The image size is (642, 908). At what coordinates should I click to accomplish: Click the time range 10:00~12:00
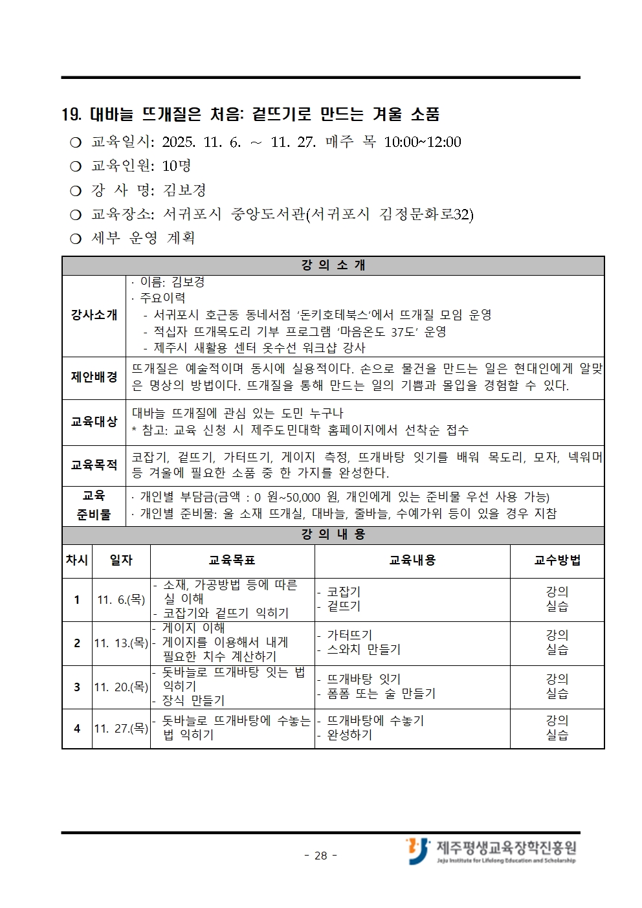[423, 142]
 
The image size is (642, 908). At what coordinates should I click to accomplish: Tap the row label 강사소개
[94, 315]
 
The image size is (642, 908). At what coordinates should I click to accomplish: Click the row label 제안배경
[94, 377]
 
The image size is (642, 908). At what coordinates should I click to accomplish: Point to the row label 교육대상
[94, 421]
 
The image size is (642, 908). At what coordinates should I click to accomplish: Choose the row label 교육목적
[94, 465]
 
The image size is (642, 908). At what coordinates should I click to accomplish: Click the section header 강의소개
[333, 265]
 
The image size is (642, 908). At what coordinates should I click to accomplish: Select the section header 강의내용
[333, 535]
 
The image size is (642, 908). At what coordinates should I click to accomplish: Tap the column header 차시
[77, 560]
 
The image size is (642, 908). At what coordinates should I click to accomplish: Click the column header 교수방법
[557, 560]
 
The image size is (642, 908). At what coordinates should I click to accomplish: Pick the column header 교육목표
[232, 560]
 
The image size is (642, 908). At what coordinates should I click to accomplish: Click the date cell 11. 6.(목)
[121, 600]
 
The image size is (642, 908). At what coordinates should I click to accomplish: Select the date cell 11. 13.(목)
[121, 643]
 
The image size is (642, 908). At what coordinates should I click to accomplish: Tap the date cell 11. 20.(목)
[121, 687]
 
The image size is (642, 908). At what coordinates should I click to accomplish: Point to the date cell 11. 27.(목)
[121, 729]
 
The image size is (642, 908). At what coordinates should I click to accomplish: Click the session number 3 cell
[77, 687]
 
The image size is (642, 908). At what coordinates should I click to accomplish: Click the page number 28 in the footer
[321, 856]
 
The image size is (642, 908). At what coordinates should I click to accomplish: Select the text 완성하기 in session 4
[349, 735]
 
